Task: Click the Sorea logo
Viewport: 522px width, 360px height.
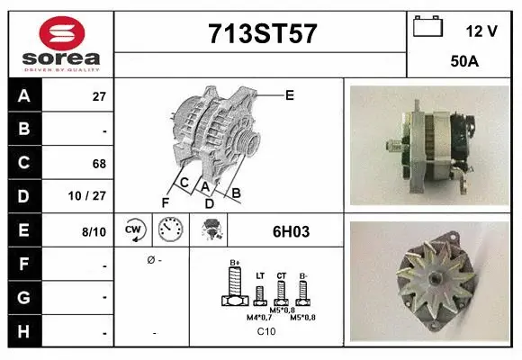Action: pos(60,42)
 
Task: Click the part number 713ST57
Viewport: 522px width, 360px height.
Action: pos(262,33)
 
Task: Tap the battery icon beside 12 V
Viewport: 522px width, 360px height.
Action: pos(427,27)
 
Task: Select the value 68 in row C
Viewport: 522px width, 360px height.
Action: pos(99,164)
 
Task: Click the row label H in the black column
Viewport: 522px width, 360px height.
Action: pos(23,331)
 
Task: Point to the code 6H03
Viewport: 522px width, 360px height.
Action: pos(291,231)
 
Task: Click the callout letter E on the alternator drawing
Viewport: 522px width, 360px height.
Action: pos(289,94)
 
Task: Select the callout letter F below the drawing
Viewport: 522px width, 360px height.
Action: pos(165,203)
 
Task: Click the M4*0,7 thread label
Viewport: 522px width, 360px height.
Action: pos(257,318)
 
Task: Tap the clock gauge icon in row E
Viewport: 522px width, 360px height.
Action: pos(171,230)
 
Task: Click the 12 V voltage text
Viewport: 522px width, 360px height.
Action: pos(481,31)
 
